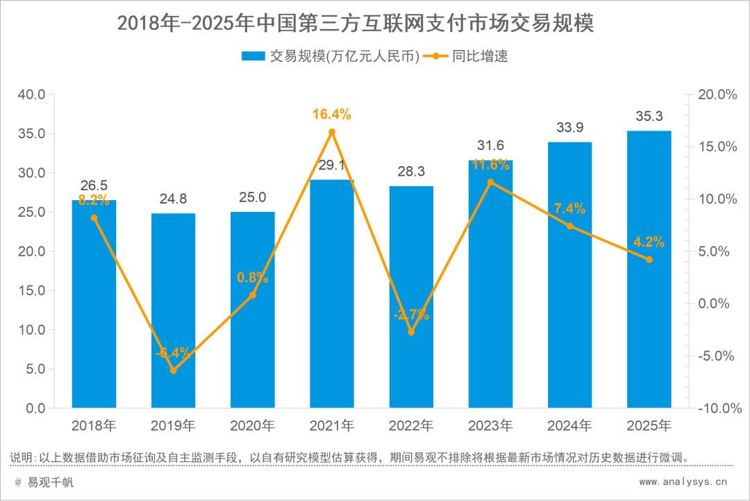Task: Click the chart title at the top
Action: [x=356, y=23]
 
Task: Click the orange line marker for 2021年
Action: [x=332, y=132]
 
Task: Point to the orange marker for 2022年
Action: [x=411, y=332]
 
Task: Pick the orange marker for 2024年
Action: [x=569, y=226]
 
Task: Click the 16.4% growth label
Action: [x=332, y=115]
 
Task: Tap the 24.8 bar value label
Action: [x=173, y=199]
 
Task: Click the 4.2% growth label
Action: [x=649, y=243]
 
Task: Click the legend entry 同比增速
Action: [x=480, y=56]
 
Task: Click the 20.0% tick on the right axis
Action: [x=716, y=95]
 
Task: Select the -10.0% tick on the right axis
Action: [x=716, y=408]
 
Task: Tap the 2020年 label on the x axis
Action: [x=252, y=425]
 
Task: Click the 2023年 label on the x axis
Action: [x=490, y=425]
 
